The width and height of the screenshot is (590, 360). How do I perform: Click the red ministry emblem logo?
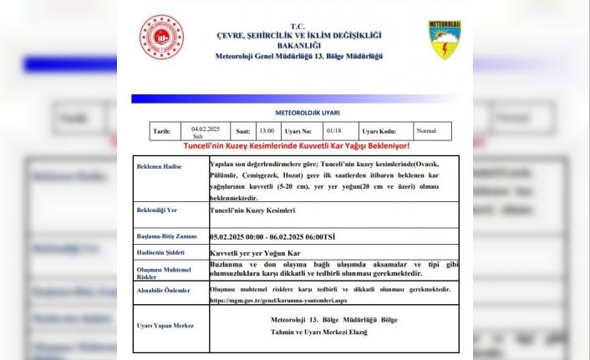[160, 37]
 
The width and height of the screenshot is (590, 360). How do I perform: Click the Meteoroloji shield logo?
[445, 40]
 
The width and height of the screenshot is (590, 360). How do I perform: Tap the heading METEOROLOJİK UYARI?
[308, 111]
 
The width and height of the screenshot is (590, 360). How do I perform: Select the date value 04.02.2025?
[204, 128]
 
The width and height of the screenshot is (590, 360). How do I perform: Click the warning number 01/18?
[333, 131]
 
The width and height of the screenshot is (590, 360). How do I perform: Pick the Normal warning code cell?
[429, 131]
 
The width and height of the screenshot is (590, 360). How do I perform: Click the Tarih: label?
[160, 131]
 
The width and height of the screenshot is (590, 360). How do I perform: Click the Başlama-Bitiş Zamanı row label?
[166, 237]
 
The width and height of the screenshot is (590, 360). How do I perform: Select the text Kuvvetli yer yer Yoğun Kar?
[254, 251]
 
